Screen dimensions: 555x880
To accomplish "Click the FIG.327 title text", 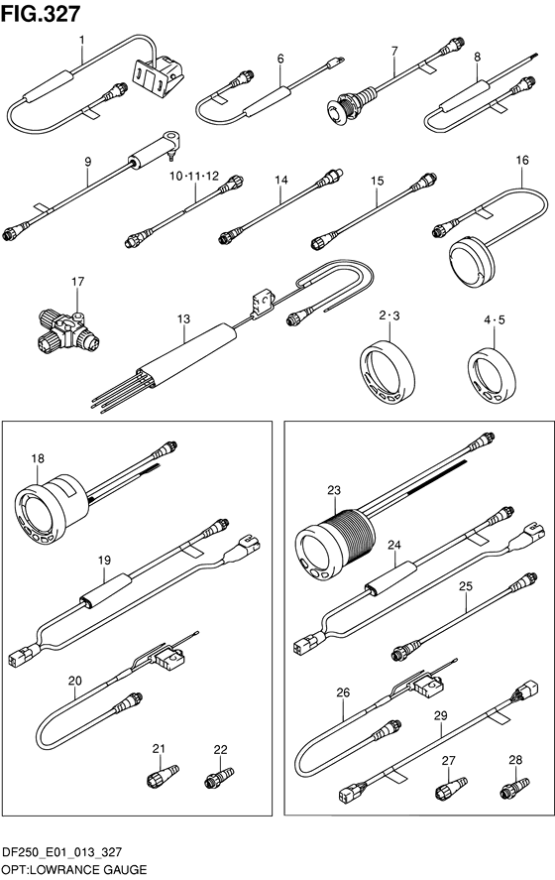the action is tap(41, 14).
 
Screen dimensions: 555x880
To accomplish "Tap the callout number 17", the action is tap(78, 281).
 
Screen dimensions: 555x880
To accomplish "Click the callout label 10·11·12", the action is tap(194, 177).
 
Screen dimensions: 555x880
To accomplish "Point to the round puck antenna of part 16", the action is tap(473, 261).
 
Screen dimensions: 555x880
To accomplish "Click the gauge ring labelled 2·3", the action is tap(387, 371).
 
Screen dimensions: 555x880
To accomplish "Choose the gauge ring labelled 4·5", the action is tap(492, 375).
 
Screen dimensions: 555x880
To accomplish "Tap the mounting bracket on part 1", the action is tap(159, 76).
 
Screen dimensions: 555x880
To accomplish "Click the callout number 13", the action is tap(184, 318).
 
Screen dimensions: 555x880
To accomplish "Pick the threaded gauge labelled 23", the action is tap(335, 543).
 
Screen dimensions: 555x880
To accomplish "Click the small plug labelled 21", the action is tap(163, 776).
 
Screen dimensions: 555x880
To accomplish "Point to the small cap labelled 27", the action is tap(451, 788).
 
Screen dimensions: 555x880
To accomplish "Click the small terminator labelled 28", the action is tap(514, 788).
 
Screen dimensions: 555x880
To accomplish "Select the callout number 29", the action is tap(441, 715).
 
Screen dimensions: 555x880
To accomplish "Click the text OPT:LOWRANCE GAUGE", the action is tap(74, 870).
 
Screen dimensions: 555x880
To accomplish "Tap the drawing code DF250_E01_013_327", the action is tap(62, 853).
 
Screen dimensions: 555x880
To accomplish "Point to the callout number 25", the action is tap(465, 586).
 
